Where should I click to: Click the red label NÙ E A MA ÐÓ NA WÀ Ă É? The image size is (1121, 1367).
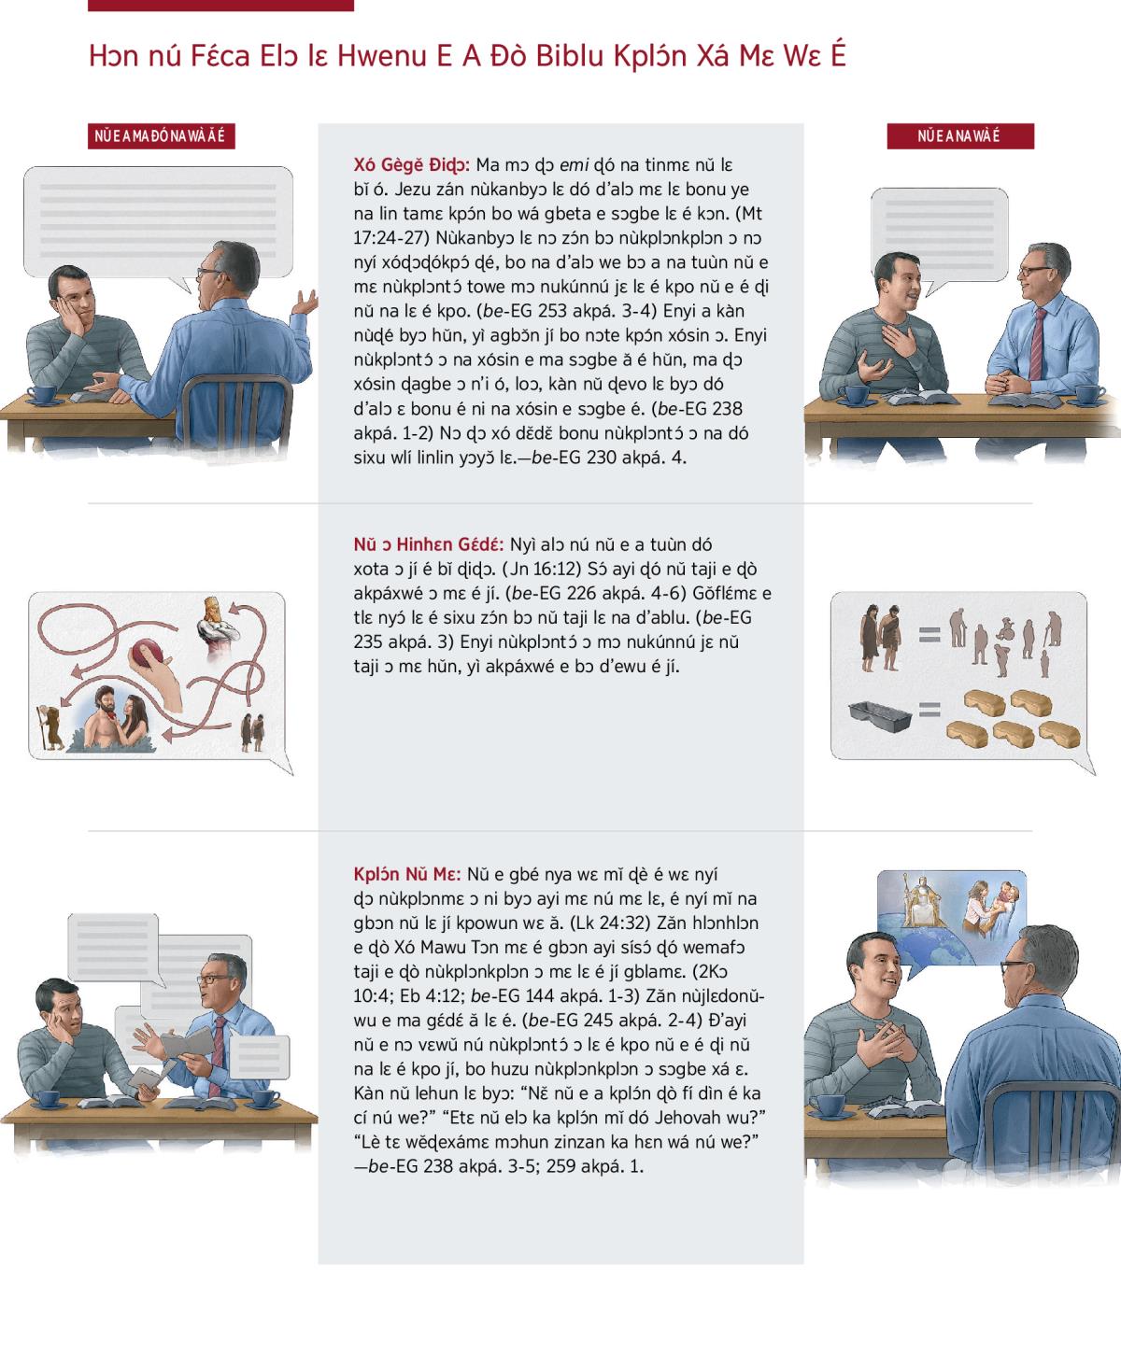click(161, 136)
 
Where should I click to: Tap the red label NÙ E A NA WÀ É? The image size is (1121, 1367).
click(960, 136)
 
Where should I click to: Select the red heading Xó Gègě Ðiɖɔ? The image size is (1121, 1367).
click(412, 165)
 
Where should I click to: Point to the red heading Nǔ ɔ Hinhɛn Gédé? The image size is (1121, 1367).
click(429, 544)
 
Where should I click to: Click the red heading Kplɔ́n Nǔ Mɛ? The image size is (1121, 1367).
click(407, 874)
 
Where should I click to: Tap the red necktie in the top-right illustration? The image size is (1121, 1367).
click(1037, 344)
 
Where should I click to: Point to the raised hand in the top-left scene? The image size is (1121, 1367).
click(305, 302)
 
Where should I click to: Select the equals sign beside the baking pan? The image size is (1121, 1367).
click(929, 711)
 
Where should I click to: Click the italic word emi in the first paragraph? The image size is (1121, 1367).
click(574, 165)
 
